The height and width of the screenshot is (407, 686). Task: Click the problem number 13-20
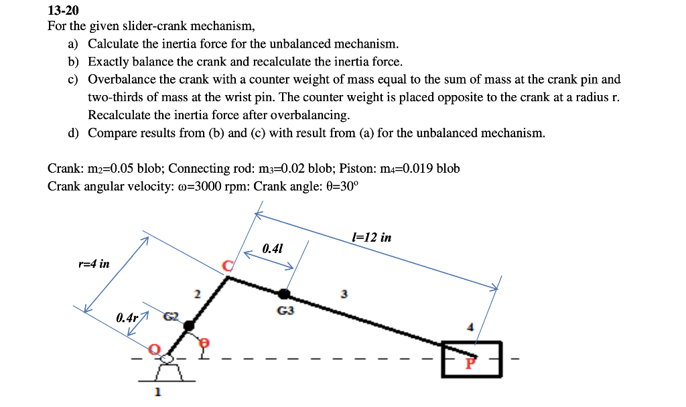point(63,11)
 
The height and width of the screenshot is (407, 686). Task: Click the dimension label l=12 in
point(371,238)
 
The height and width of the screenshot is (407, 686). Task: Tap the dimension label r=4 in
point(94,264)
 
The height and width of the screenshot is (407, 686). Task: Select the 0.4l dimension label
point(273,249)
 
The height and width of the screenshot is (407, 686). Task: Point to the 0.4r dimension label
point(127,317)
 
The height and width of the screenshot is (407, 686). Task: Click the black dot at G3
point(285,293)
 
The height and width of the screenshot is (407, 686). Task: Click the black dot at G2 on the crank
point(189,325)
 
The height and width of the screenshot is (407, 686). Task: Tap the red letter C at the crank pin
point(228,267)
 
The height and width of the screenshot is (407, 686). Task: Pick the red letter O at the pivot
point(155,349)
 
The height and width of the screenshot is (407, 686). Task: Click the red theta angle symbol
point(206,343)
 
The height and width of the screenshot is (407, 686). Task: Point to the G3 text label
point(285,311)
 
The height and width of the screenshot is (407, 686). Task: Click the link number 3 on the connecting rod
point(344,293)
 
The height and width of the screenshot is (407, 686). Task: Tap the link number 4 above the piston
point(470,327)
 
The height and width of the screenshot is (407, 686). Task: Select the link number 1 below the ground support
point(158,392)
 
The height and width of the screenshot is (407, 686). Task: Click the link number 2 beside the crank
point(197,293)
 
